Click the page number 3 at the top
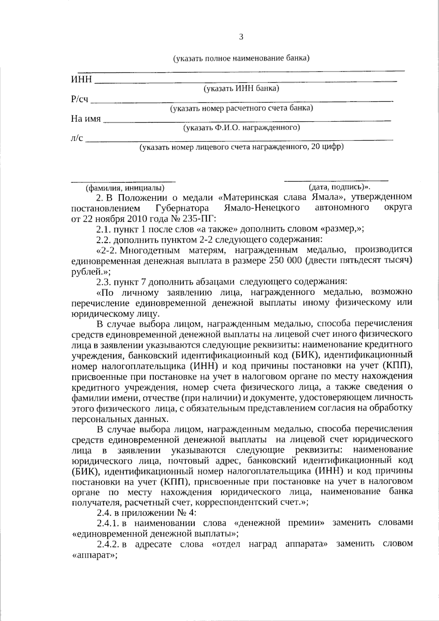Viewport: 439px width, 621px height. click(x=240, y=37)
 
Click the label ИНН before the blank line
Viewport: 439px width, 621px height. click(x=81, y=79)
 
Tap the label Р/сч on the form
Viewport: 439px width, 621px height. click(x=80, y=99)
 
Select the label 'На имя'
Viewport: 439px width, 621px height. click(x=86, y=119)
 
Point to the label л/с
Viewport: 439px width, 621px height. click(x=77, y=138)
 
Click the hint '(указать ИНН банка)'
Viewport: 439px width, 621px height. click(x=241, y=89)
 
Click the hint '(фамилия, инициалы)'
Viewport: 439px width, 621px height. click(x=125, y=188)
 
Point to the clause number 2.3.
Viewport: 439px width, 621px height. click(x=104, y=282)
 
